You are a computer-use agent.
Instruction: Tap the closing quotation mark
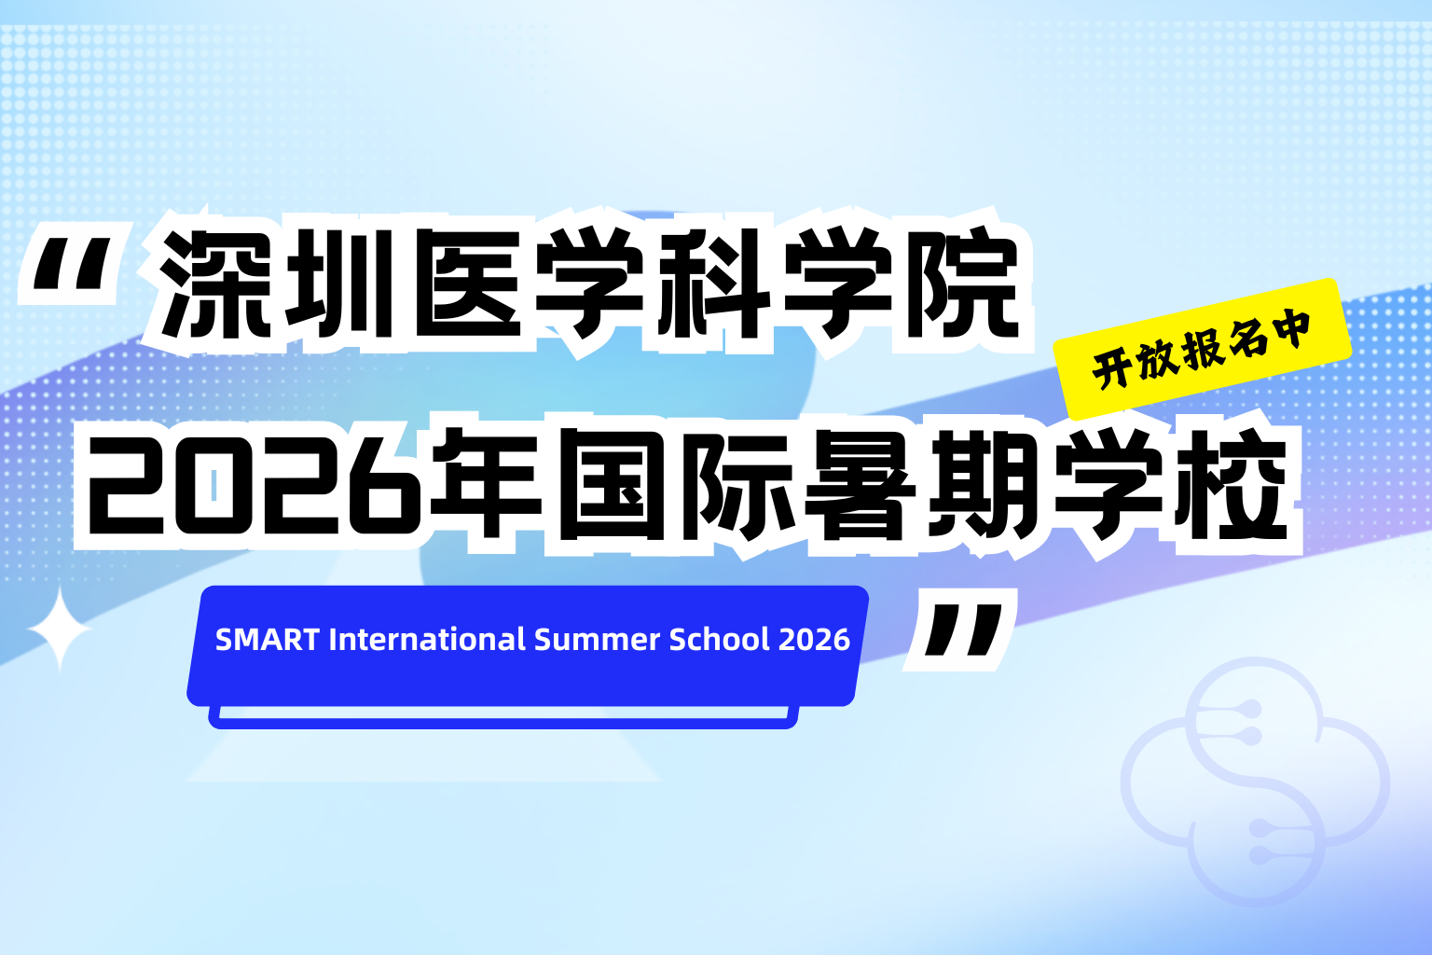click(x=963, y=630)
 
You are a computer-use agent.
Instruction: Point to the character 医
click(x=469, y=284)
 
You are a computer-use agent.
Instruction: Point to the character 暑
click(x=860, y=483)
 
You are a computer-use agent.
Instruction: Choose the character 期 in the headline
click(x=984, y=483)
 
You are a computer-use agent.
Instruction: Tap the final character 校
click(x=1232, y=483)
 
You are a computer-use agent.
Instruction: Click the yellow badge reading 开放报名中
click(x=1203, y=349)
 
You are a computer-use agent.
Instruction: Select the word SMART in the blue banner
click(x=268, y=640)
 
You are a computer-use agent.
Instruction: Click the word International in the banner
click(x=427, y=639)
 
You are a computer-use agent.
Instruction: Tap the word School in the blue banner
click(x=719, y=639)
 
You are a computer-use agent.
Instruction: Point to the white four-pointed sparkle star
click(x=60, y=630)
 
